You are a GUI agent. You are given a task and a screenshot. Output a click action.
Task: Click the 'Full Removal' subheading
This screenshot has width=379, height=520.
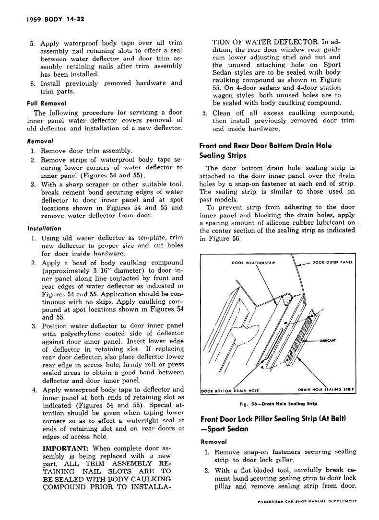coord(46,103)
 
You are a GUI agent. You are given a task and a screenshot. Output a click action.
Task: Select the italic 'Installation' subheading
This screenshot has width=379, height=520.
coord(44,228)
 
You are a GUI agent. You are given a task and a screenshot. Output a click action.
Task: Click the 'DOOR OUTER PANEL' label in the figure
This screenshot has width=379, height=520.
coord(332,262)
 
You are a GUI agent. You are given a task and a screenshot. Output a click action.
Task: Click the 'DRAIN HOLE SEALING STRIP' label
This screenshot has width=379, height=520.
coord(326,390)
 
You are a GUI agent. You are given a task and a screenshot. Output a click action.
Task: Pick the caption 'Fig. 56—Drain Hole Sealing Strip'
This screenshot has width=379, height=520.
coord(276,404)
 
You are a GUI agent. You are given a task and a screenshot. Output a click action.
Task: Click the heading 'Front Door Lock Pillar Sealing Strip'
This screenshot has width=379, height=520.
coord(273,419)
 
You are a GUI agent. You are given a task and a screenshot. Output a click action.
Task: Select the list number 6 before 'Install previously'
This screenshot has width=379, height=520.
coord(32,83)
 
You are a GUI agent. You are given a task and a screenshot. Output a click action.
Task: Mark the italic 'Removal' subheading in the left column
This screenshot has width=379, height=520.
coord(40,141)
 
